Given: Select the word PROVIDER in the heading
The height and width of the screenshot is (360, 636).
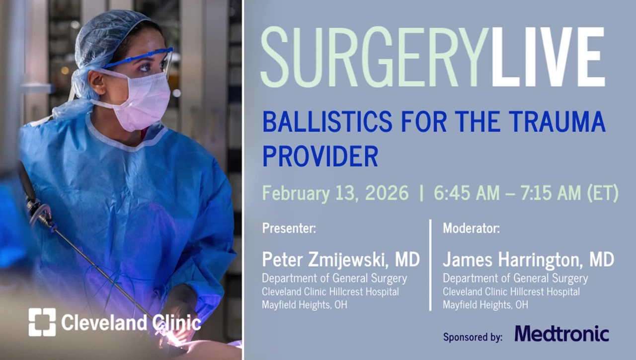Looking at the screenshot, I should [x=320, y=155].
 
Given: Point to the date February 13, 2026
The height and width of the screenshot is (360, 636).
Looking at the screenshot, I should [x=335, y=193].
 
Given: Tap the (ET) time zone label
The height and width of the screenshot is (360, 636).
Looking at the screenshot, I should [x=603, y=193].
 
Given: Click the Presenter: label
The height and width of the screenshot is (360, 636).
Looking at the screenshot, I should [x=289, y=229].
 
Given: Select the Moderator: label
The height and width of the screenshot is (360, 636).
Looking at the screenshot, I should [x=471, y=229].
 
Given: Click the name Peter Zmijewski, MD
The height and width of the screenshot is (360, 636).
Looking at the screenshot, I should [x=341, y=259].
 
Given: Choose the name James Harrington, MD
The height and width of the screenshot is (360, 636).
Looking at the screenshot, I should [x=528, y=259].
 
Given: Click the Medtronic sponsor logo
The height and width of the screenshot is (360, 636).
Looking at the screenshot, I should [x=561, y=334].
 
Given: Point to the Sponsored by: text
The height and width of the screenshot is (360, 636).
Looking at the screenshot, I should [x=473, y=337].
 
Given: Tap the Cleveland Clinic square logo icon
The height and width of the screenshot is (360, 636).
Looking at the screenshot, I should [x=42, y=322].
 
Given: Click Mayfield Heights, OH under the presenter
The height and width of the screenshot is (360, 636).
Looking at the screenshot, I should [x=305, y=304].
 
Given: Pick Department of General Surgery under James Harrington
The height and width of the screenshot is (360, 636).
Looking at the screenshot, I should [x=515, y=279].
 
